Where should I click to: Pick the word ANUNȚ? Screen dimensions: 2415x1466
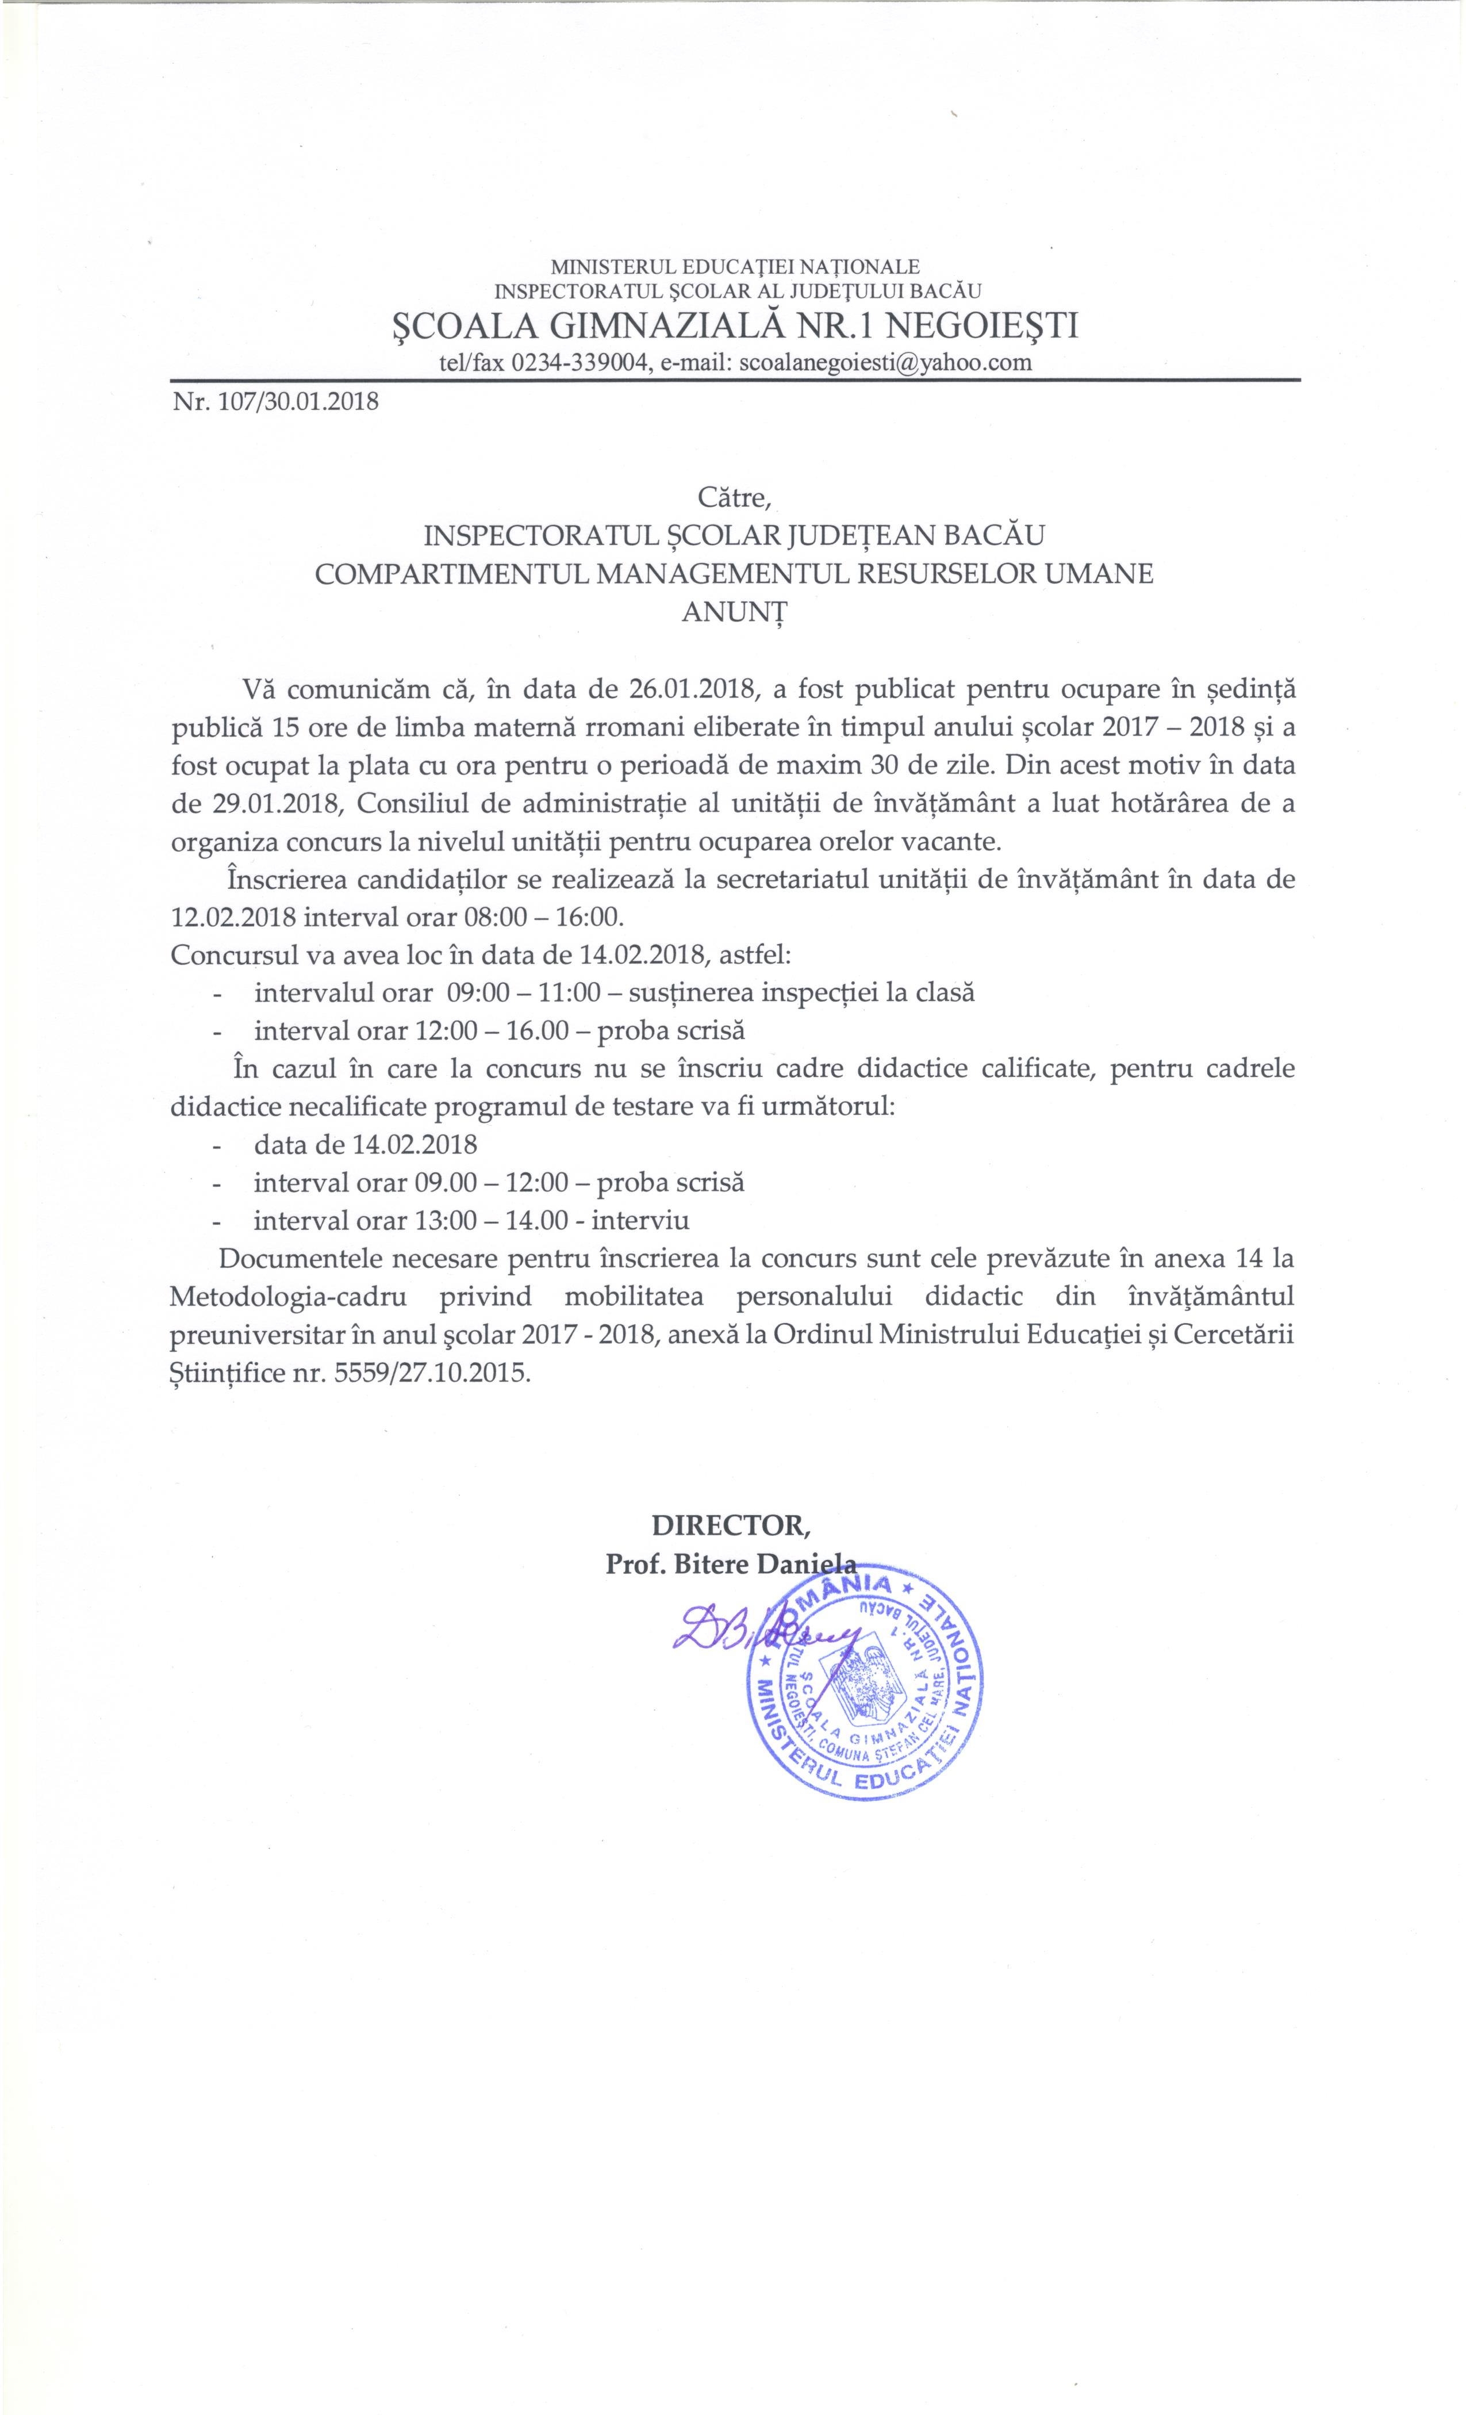734,612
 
